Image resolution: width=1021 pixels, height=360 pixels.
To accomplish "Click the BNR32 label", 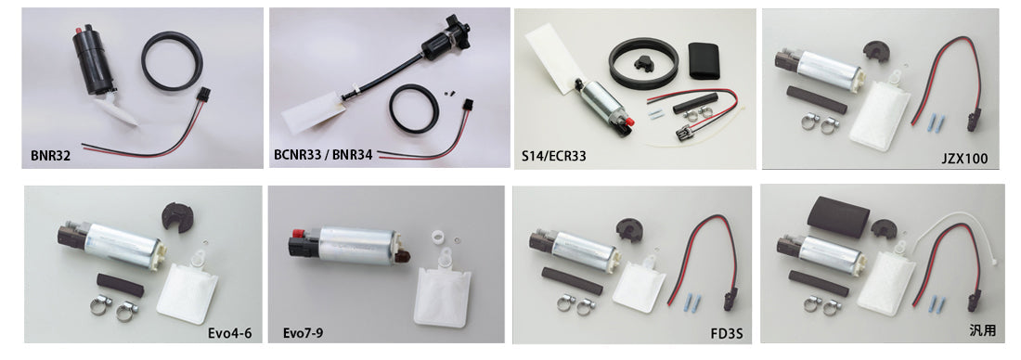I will coord(48,157).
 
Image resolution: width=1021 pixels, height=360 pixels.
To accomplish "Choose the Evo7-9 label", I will coord(304,331).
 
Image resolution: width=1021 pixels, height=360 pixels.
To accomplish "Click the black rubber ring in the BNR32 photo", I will coord(174,62).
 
